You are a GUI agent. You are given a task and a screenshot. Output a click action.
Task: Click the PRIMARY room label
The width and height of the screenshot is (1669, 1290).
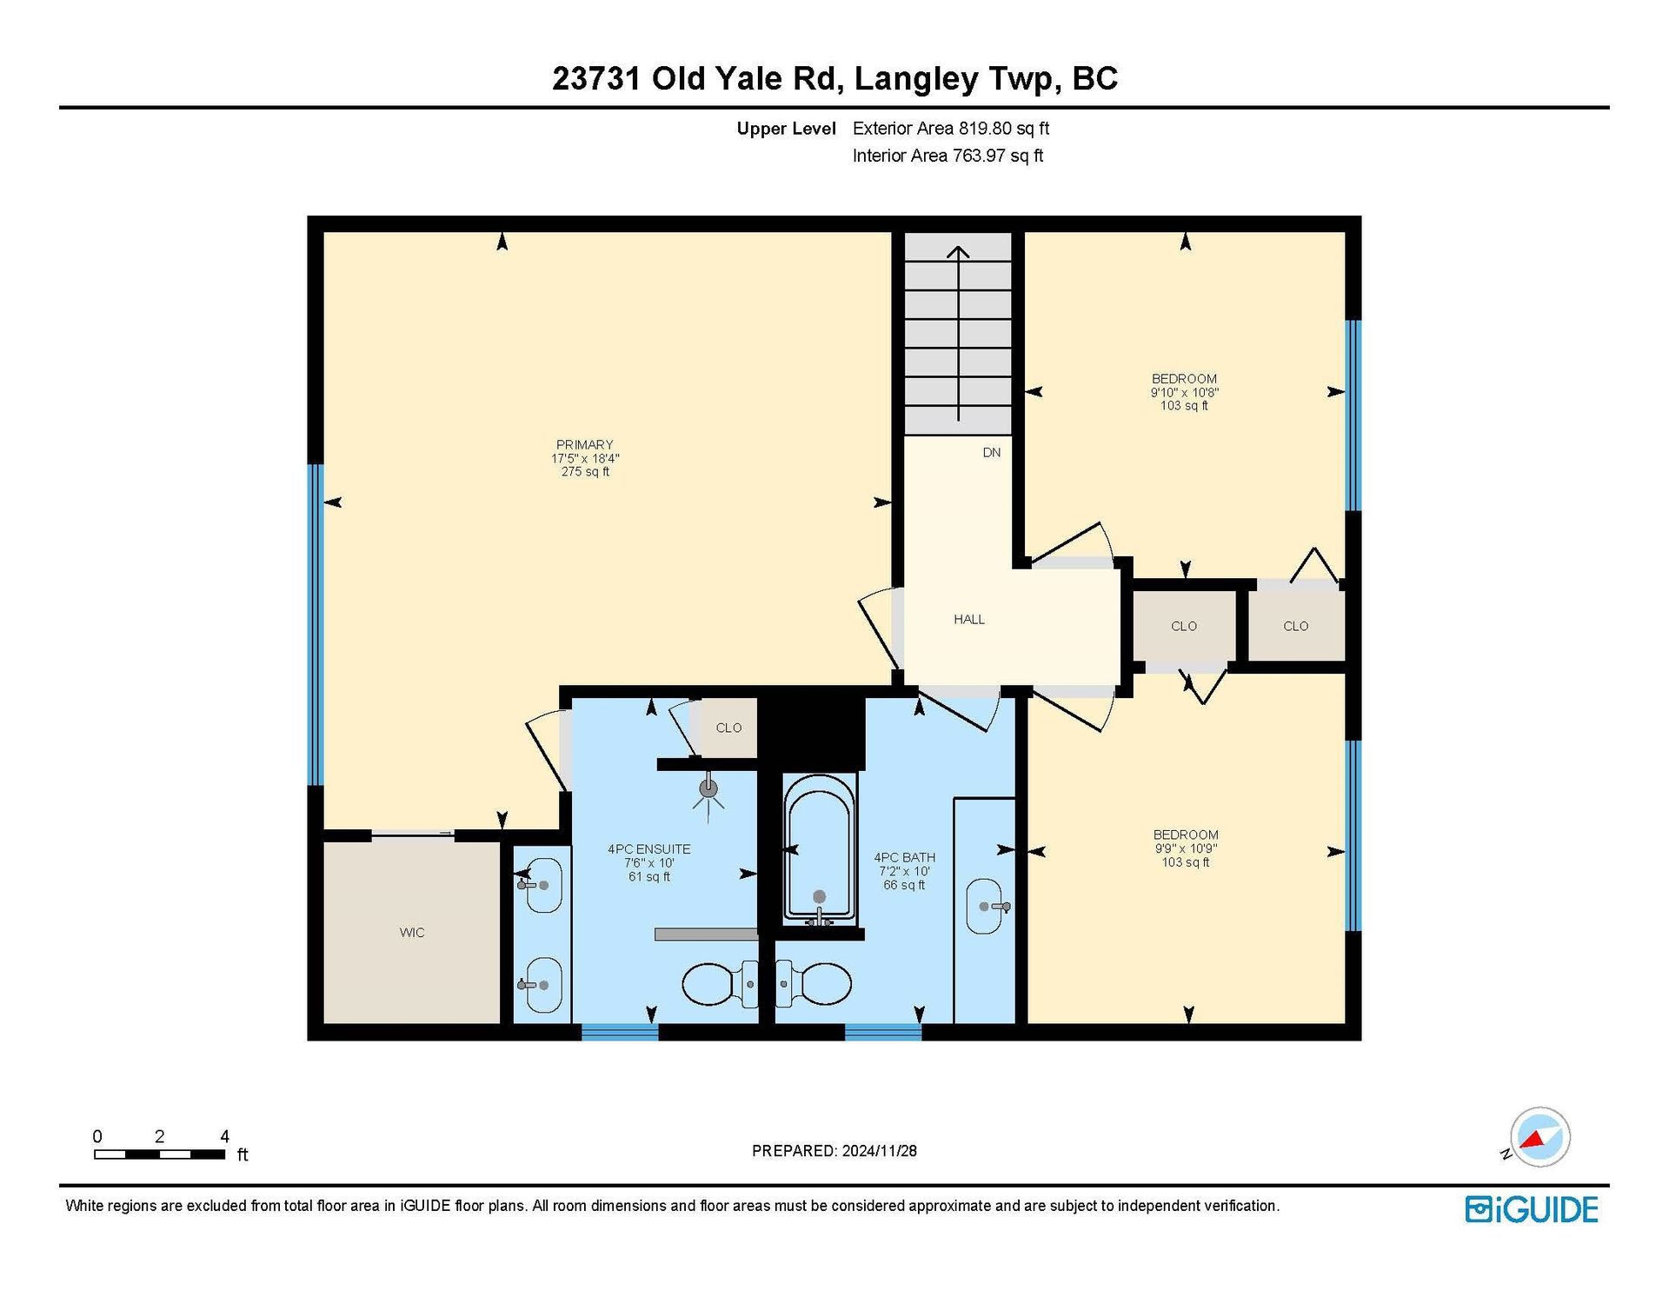click(585, 444)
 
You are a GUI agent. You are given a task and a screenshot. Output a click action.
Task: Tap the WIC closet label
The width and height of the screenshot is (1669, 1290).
click(412, 933)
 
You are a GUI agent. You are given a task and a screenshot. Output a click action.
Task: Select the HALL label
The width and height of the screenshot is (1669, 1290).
click(969, 620)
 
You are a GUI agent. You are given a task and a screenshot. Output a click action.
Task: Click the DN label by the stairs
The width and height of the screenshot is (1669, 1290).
click(992, 453)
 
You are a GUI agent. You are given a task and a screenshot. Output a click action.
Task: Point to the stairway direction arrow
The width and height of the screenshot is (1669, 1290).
click(958, 334)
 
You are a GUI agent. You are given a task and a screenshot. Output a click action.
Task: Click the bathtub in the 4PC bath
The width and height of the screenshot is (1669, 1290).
click(819, 848)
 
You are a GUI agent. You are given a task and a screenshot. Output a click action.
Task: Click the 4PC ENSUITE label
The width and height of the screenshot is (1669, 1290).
click(649, 849)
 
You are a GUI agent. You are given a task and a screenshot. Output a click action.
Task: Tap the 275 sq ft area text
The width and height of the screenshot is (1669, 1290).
click(585, 472)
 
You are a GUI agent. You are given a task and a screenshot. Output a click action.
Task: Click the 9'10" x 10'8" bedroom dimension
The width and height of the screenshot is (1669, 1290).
click(1185, 393)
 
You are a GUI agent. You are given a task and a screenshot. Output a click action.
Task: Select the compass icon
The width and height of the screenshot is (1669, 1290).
click(1539, 1137)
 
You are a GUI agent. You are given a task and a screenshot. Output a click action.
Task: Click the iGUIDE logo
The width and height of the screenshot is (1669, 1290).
click(1532, 1210)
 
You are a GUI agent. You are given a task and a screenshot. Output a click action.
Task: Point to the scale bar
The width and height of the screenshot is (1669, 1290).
click(160, 1154)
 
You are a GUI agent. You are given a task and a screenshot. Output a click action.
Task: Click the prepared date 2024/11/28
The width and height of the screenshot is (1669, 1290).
click(879, 1151)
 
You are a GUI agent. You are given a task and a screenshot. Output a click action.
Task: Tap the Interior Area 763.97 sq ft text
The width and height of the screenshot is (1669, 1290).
click(948, 156)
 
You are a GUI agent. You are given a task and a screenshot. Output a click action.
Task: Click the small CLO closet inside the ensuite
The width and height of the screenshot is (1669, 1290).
click(728, 728)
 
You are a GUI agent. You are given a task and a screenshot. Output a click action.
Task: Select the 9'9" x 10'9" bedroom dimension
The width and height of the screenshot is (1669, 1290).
click(1186, 849)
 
